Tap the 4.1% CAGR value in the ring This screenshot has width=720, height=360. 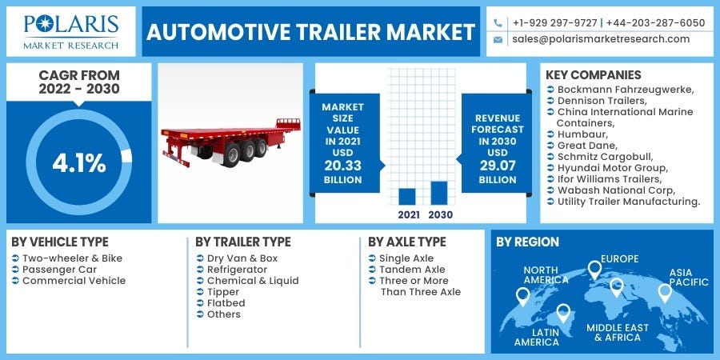(79, 163)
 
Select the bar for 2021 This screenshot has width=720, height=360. (407, 197)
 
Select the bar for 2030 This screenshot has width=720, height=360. (438, 193)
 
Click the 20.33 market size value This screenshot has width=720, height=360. (342, 166)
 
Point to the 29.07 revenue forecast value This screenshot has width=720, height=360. (498, 166)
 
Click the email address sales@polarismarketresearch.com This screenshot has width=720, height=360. (601, 38)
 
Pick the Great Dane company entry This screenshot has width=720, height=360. (587, 146)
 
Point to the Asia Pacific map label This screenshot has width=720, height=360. (688, 277)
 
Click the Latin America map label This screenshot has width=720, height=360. (536, 337)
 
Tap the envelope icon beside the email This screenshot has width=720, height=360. (498, 38)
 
